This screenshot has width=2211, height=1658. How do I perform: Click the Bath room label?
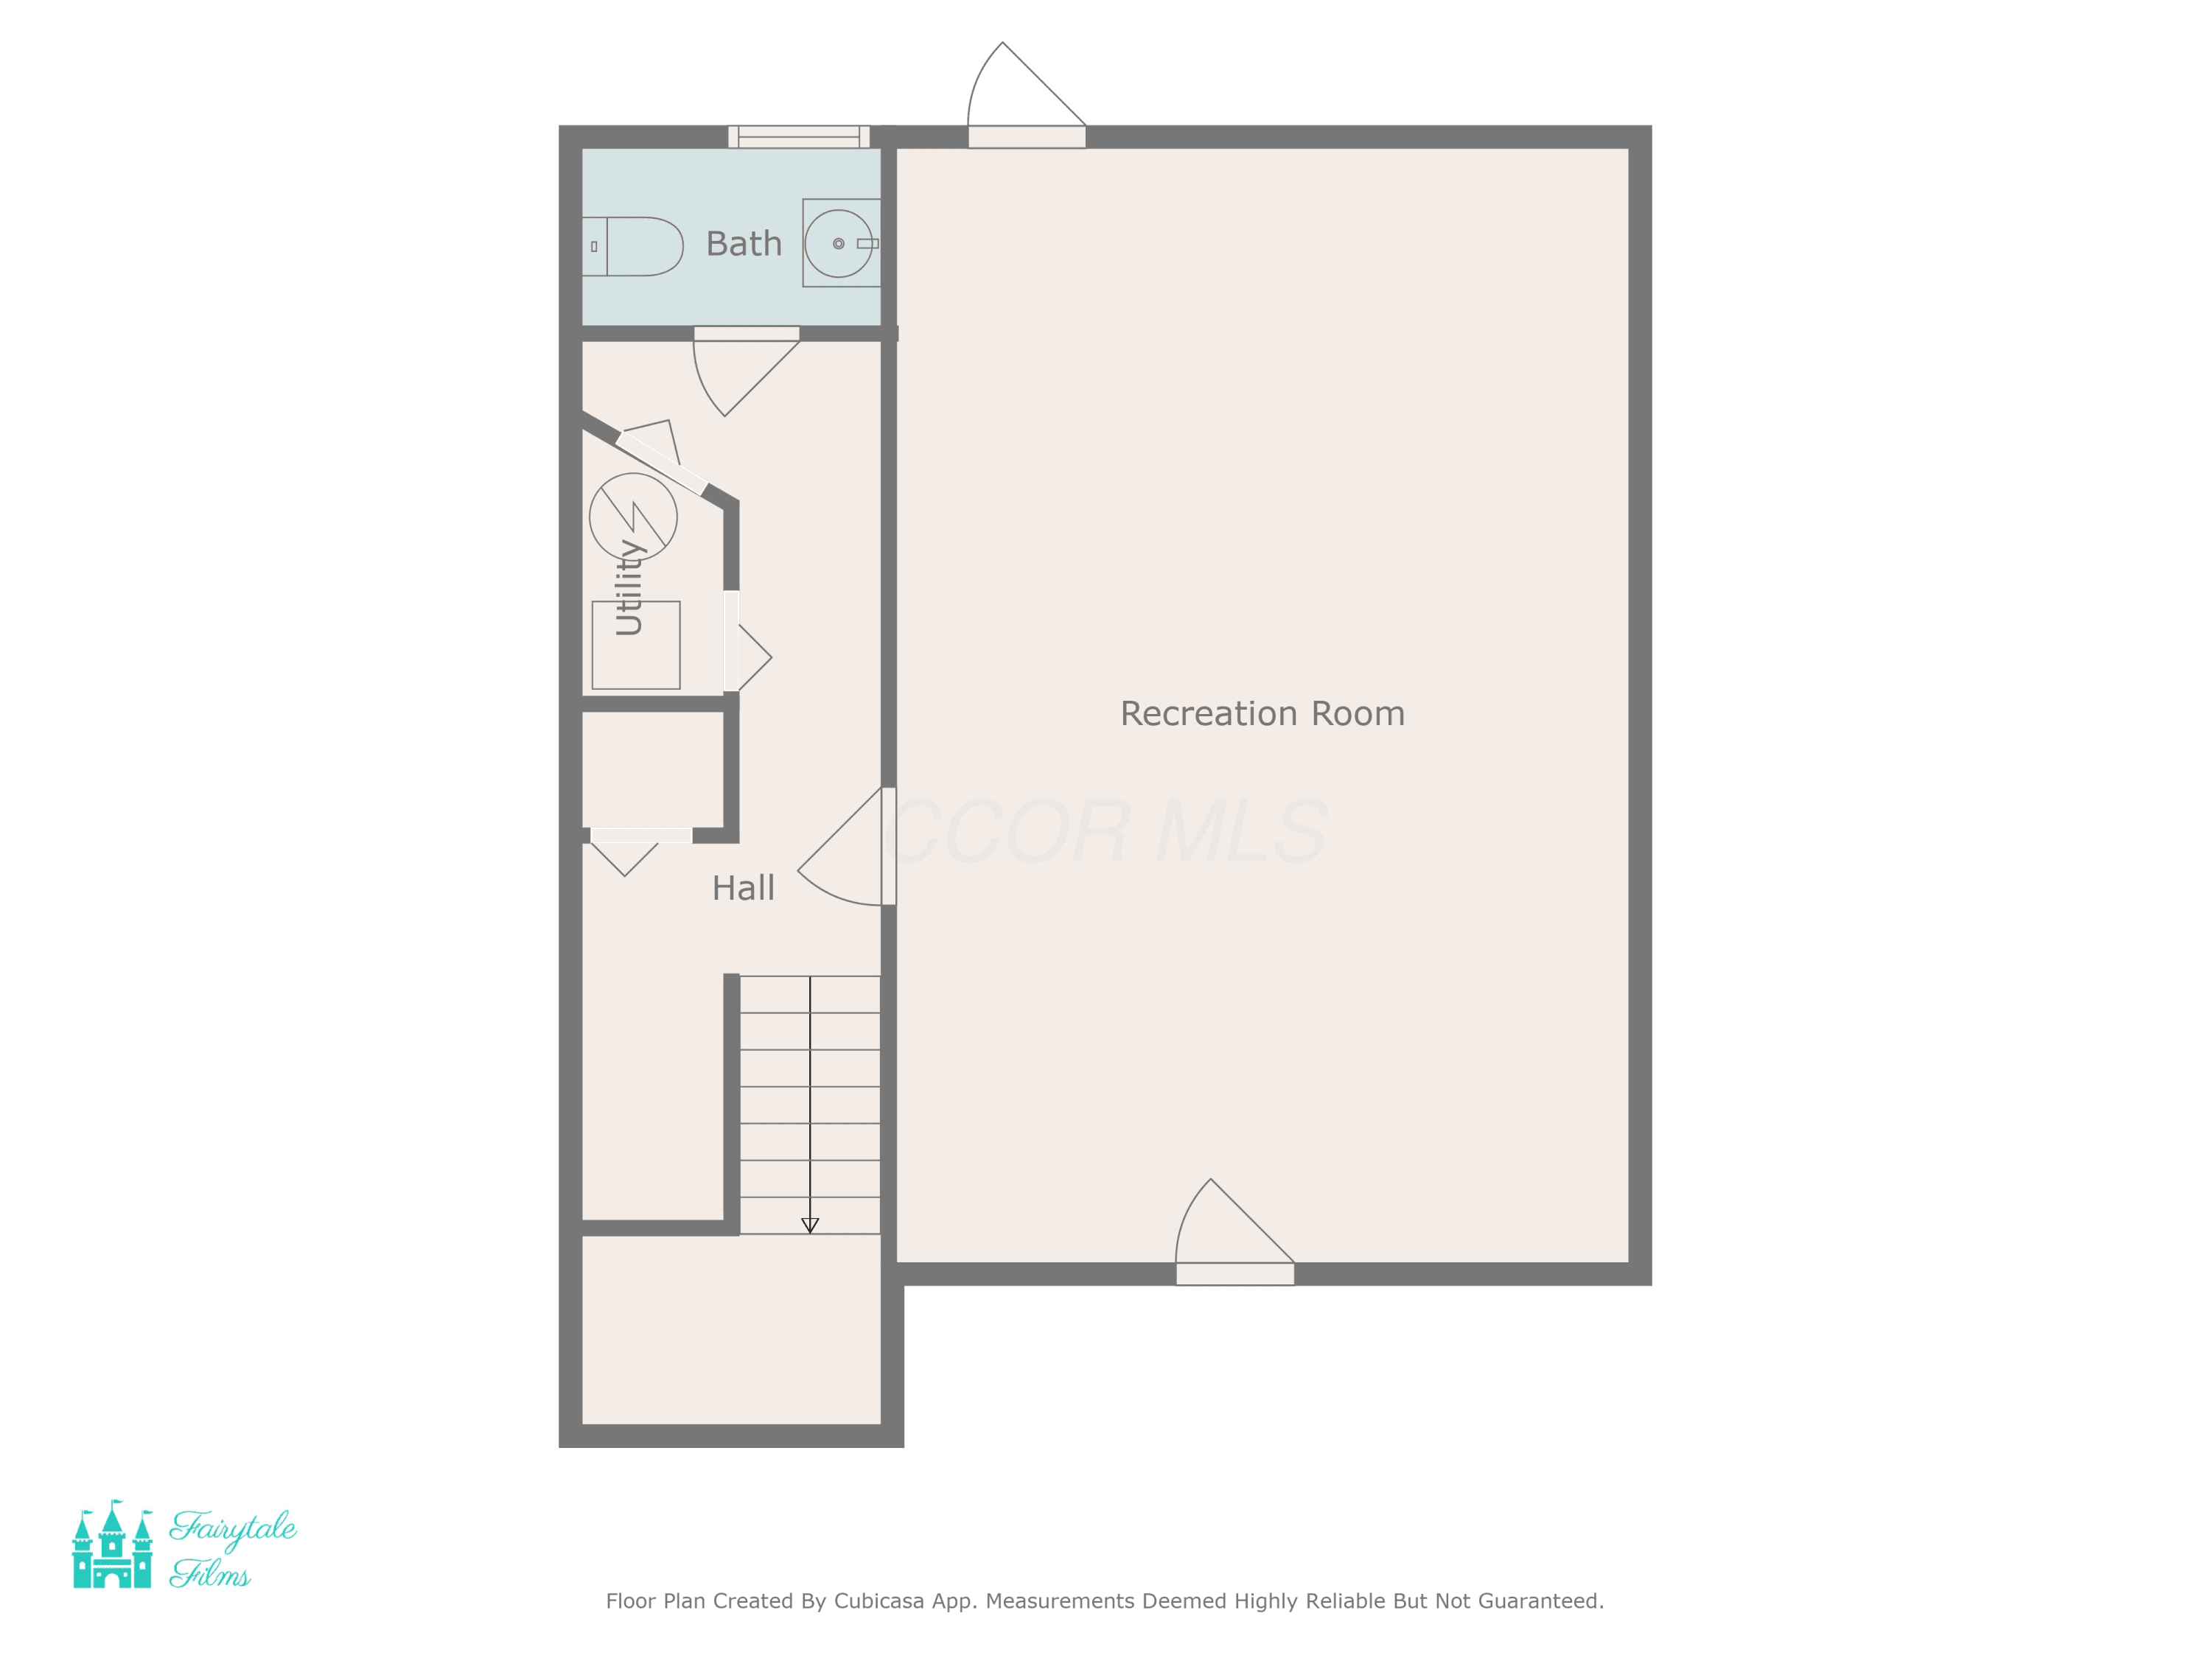tap(744, 244)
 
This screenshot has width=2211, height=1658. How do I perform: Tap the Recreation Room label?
tap(1262, 713)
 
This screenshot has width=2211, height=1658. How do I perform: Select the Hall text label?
tap(743, 887)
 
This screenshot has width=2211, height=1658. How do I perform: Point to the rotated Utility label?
tap(629, 587)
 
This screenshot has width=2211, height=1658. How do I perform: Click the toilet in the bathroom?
tap(632, 247)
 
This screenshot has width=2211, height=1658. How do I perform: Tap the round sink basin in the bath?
tap(839, 244)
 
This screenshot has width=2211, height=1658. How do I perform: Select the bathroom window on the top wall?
tap(799, 137)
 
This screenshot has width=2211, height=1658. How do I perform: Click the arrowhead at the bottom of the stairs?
tap(811, 1225)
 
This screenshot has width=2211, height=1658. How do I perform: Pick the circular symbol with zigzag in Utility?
tap(632, 517)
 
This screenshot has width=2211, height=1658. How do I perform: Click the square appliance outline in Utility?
tap(636, 645)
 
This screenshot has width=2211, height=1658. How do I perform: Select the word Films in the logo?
tap(210, 1574)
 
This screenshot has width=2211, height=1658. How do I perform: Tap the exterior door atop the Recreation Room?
tap(1027, 95)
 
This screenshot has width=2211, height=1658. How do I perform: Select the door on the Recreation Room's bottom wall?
tap(1235, 1232)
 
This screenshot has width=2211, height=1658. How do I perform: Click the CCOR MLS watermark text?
tap(1106, 831)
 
